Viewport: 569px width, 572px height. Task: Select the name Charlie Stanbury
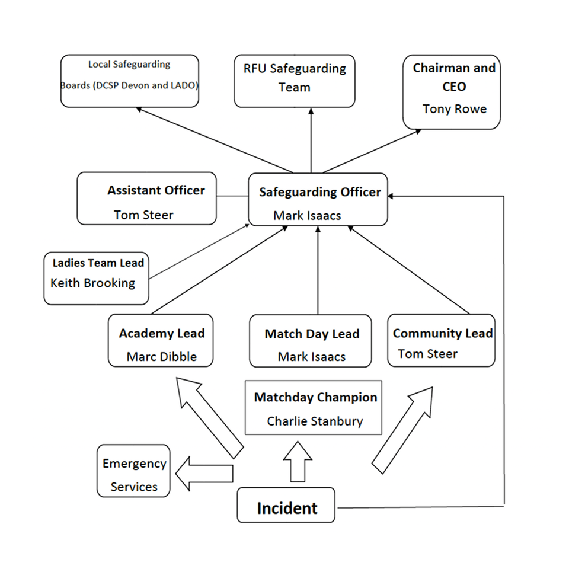pyautogui.click(x=315, y=421)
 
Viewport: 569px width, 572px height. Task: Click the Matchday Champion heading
pyautogui.click(x=315, y=397)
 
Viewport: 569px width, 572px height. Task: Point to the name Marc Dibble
pyautogui.click(x=161, y=357)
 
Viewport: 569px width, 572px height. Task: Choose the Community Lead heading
pyautogui.click(x=442, y=333)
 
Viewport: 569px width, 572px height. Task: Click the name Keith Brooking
pyautogui.click(x=92, y=283)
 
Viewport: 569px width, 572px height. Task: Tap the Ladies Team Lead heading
pyautogui.click(x=98, y=263)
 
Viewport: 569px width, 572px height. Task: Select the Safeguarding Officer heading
pyautogui.click(x=319, y=193)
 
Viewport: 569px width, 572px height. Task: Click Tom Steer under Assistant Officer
pyautogui.click(x=143, y=215)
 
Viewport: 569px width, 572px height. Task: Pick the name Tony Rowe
pyautogui.click(x=454, y=109)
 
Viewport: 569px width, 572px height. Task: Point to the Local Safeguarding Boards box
pyautogui.click(x=129, y=81)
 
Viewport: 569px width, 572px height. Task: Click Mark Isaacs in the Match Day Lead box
pyautogui.click(x=311, y=357)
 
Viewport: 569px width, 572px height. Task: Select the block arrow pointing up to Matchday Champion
pyautogui.click(x=297, y=462)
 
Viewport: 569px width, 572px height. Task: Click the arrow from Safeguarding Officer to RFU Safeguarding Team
pyautogui.click(x=311, y=142)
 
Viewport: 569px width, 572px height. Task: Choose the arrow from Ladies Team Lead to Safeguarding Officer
pyautogui.click(x=199, y=252)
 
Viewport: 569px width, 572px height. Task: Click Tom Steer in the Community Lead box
pyautogui.click(x=427, y=354)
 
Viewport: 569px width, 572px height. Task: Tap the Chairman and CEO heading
pyautogui.click(x=454, y=77)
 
